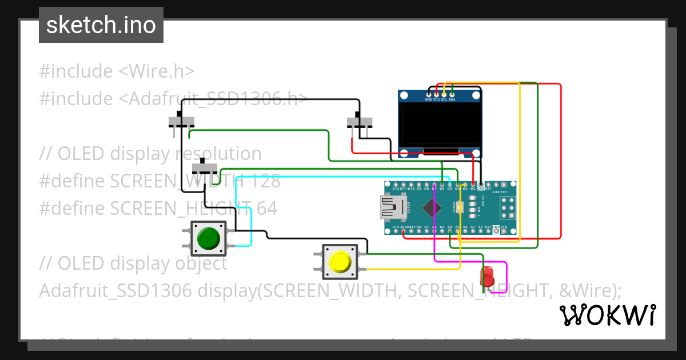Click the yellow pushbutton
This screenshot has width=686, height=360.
(340, 262)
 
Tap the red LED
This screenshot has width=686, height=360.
(487, 276)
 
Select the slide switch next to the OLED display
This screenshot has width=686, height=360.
(360, 122)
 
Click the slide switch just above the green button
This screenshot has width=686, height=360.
(204, 169)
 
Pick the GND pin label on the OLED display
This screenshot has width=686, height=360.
(429, 99)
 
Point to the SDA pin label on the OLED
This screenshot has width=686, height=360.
(452, 99)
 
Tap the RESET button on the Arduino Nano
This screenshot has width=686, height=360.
(461, 207)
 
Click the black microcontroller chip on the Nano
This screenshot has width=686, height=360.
(433, 207)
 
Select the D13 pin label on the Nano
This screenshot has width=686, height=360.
(396, 227)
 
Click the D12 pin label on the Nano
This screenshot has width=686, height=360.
(396, 188)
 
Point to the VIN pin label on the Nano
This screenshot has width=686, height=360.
(504, 227)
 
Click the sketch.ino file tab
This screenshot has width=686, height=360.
(101, 25)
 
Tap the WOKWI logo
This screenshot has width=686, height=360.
(607, 315)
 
